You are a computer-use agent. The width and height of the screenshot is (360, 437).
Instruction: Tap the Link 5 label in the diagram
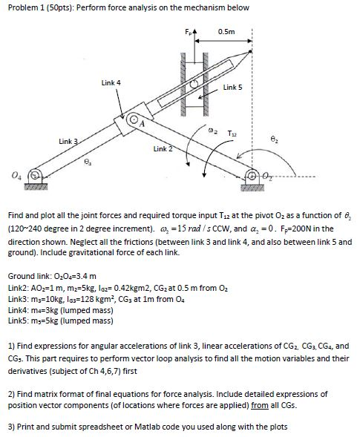tap(231, 88)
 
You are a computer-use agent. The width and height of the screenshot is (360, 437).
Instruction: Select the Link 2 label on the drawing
tap(163, 149)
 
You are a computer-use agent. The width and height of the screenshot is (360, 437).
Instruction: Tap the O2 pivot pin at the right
tap(284, 177)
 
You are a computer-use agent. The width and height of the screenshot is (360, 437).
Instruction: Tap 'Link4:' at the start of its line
tap(18, 311)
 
